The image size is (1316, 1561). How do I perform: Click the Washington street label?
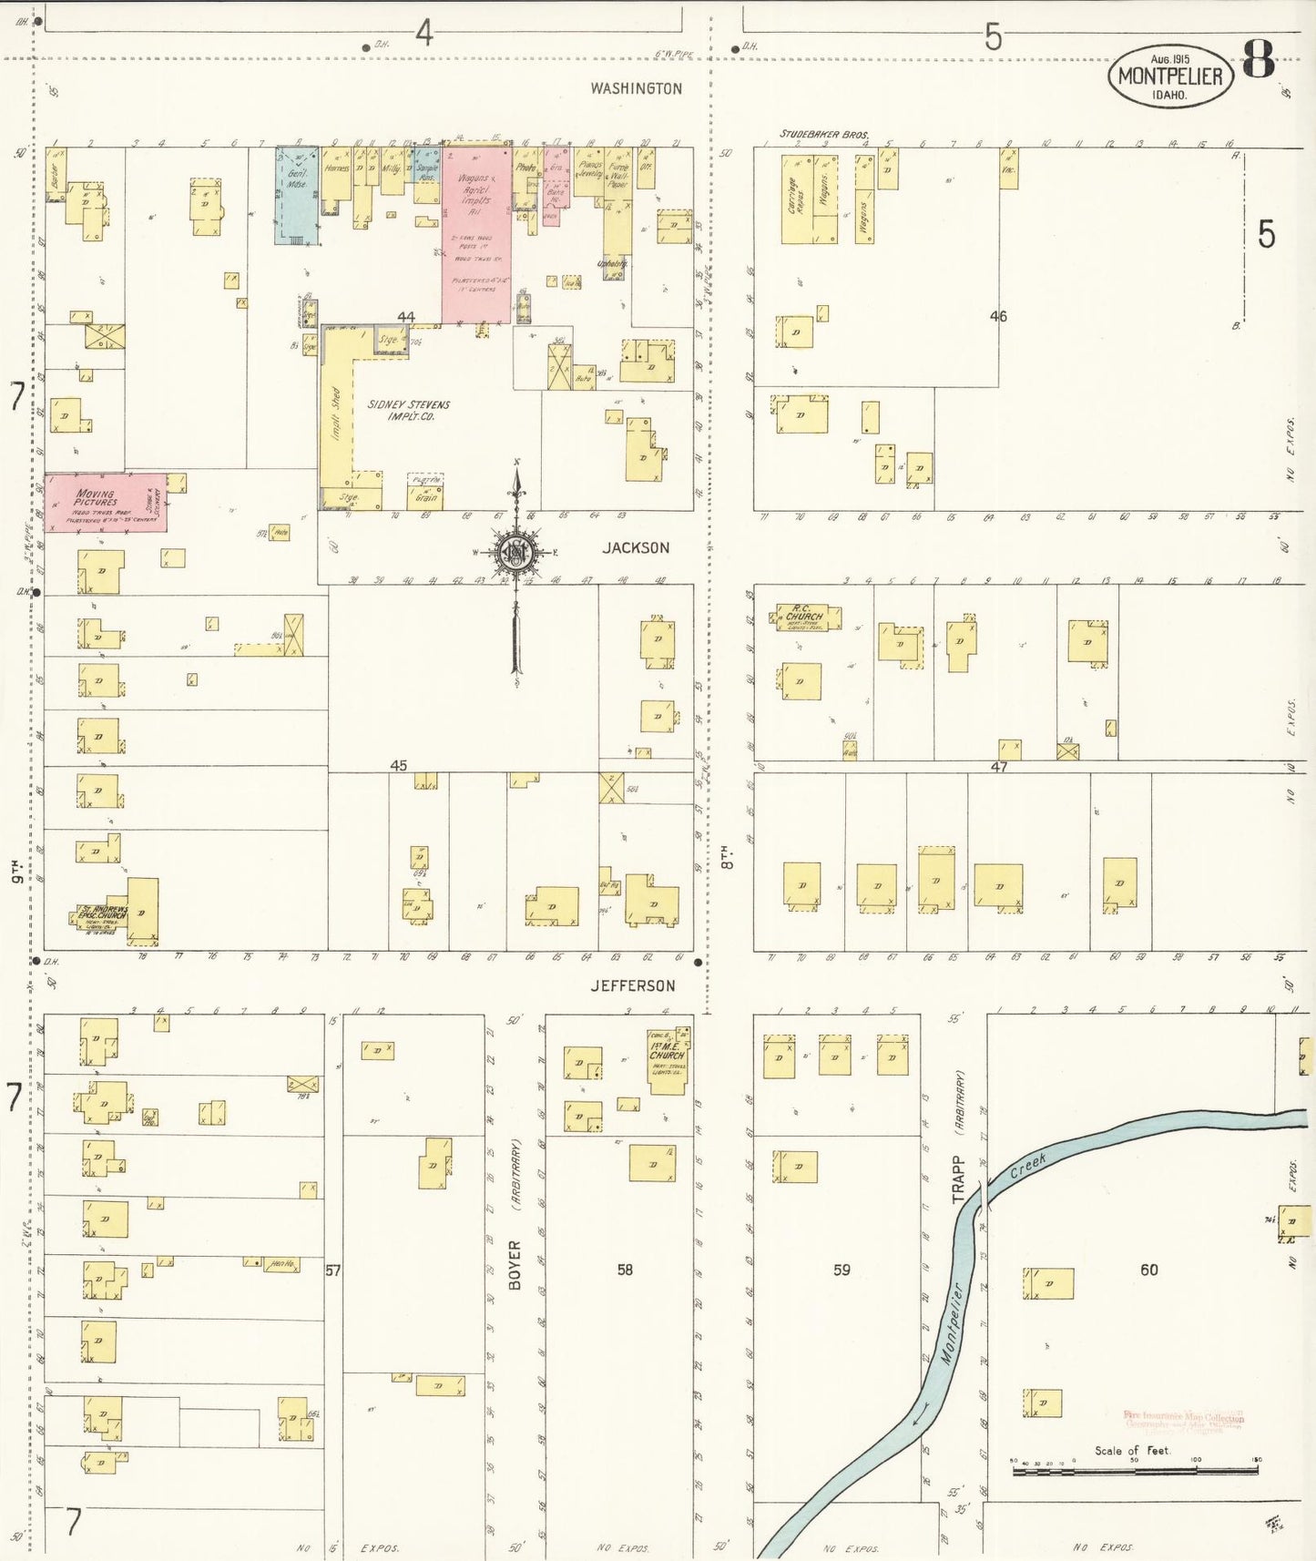click(636, 88)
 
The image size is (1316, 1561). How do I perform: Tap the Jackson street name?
click(636, 547)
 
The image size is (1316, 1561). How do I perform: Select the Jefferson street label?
click(633, 985)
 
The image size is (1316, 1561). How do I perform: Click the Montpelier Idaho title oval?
click(1170, 77)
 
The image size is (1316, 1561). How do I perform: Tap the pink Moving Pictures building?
click(105, 502)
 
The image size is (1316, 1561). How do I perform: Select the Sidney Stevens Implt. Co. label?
click(408, 410)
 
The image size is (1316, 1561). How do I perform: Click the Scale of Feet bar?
click(1134, 1470)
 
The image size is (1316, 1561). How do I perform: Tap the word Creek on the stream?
click(1029, 1166)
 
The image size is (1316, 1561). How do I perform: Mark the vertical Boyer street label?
click(515, 1264)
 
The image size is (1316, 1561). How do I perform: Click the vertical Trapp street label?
click(957, 1180)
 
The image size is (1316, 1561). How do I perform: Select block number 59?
click(842, 1269)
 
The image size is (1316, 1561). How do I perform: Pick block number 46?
click(998, 316)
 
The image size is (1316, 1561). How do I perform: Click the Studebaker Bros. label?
click(823, 135)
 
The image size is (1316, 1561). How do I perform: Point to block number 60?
click(1149, 1270)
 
